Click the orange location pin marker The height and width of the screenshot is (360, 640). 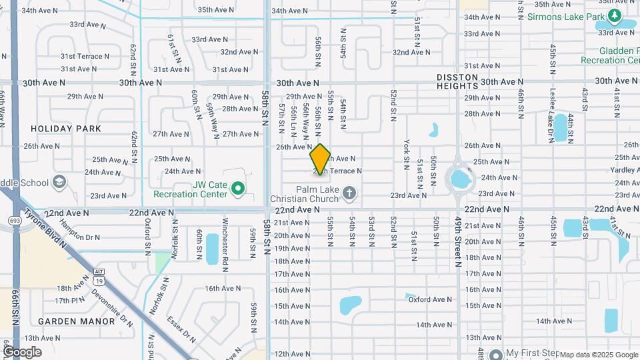[x=320, y=159]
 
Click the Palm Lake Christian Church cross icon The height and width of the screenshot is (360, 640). [x=348, y=193]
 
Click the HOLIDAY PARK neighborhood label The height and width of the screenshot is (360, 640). [x=66, y=129]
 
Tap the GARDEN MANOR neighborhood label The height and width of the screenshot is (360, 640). [x=67, y=321]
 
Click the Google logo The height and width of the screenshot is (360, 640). [x=22, y=351]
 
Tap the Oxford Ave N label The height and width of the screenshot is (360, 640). [x=427, y=300]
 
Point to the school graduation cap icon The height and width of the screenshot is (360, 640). [x=59, y=182]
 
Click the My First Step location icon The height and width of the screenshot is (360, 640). [x=496, y=353]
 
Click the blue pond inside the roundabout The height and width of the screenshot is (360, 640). [x=459, y=178]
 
